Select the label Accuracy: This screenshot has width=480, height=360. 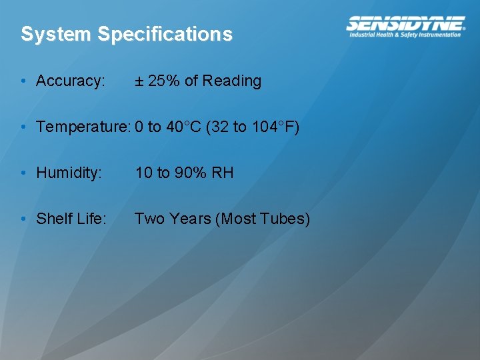coord(71,81)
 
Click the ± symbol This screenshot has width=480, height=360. coord(139,81)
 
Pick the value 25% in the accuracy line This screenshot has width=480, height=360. coord(164,81)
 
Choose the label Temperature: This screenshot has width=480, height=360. coord(83,127)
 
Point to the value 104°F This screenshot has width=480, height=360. coord(272,127)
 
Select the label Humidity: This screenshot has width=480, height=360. coord(69,173)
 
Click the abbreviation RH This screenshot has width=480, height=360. coord(223,173)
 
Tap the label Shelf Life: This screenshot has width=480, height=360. coord(71,219)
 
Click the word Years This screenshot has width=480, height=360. coord(190,219)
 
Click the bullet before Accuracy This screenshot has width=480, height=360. coord(23,81)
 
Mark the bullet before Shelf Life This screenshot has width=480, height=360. coord(23,219)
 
